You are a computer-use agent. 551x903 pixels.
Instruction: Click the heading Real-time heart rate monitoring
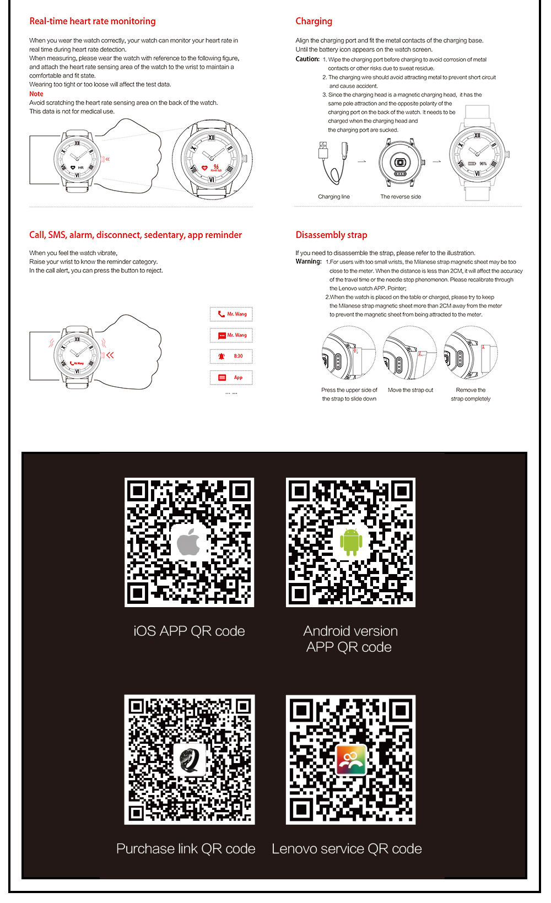point(92,21)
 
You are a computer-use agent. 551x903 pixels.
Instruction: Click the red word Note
point(36,94)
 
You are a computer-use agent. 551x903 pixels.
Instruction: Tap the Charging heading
point(314,21)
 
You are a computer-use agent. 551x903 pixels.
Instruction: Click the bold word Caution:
point(307,59)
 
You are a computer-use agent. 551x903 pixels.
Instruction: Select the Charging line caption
point(333,197)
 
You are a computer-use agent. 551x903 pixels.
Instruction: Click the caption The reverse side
point(400,197)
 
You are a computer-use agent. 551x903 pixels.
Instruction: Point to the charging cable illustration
point(332,163)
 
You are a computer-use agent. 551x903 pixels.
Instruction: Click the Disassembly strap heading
point(331,235)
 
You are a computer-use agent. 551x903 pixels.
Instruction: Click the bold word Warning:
point(309,262)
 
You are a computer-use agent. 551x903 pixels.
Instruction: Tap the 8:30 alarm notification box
point(231,356)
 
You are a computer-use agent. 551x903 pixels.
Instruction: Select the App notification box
point(231,378)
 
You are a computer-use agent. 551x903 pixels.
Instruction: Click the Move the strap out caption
point(410,390)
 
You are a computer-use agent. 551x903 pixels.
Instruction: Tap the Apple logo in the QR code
point(189,542)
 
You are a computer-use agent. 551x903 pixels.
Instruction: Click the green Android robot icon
point(351,541)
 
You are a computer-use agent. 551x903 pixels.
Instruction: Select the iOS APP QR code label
point(189,631)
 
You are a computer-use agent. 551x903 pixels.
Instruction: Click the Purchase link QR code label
point(186,849)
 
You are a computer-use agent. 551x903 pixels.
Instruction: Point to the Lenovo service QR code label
point(347,849)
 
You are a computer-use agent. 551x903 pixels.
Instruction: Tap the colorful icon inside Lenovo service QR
point(351,760)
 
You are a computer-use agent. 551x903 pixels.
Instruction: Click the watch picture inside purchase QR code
point(190,760)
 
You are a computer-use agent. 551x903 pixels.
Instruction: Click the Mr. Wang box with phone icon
point(231,314)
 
